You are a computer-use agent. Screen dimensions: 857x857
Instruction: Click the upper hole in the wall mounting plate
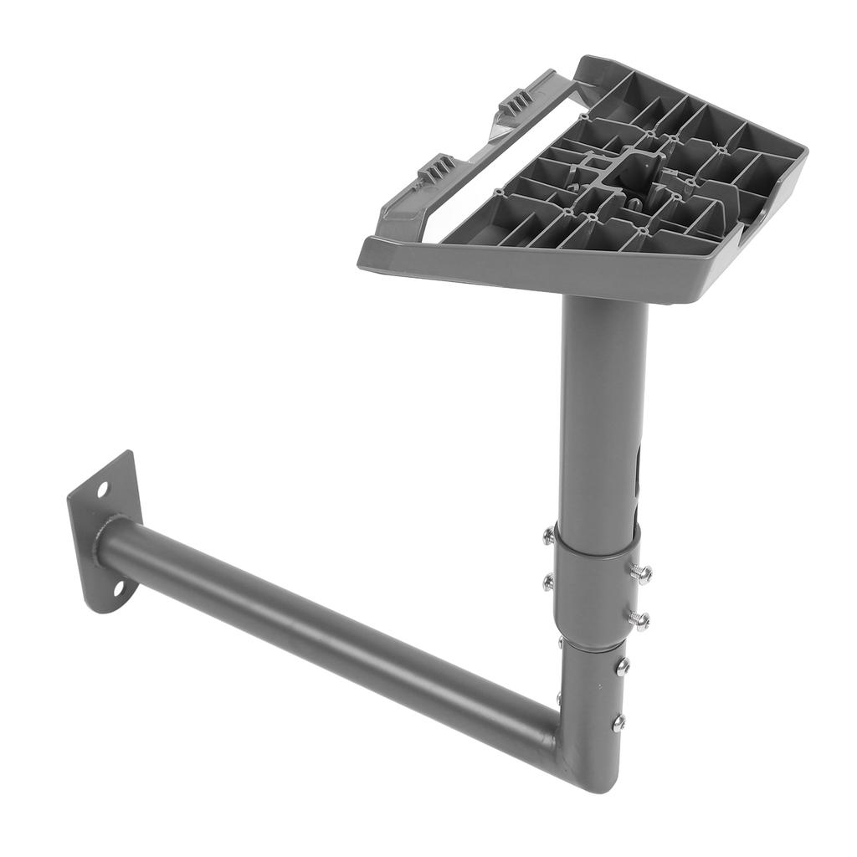click(102, 488)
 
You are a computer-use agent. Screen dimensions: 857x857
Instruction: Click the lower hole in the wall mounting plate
click(118, 589)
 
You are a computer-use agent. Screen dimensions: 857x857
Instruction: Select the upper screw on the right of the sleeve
click(641, 573)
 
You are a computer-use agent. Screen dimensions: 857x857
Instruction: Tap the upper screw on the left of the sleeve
click(547, 536)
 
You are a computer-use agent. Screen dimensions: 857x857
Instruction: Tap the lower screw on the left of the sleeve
click(547, 580)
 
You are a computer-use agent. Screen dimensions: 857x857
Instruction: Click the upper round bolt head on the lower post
click(622, 667)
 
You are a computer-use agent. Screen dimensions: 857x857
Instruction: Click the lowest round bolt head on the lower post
click(618, 722)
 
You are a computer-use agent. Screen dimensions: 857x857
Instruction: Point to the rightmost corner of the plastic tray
click(803, 155)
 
